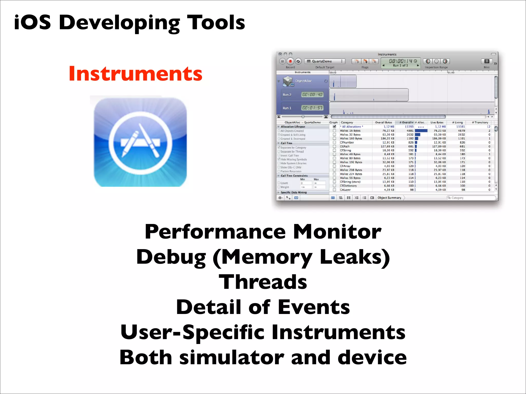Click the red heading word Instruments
tap(135, 74)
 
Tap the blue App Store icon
tap(140, 142)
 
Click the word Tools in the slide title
tap(216, 23)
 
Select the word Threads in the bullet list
tap(263, 282)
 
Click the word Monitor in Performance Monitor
tap(337, 232)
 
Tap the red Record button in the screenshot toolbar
tap(290, 61)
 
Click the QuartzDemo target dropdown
tap(325, 61)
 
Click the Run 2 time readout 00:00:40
tap(312, 95)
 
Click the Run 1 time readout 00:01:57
tap(312, 108)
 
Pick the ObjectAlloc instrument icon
tap(288, 81)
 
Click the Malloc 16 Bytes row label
tap(350, 131)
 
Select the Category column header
tap(347, 122)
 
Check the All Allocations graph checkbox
tap(334, 126)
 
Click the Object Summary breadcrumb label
tap(389, 198)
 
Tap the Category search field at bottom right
tap(471, 198)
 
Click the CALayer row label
tap(345, 190)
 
